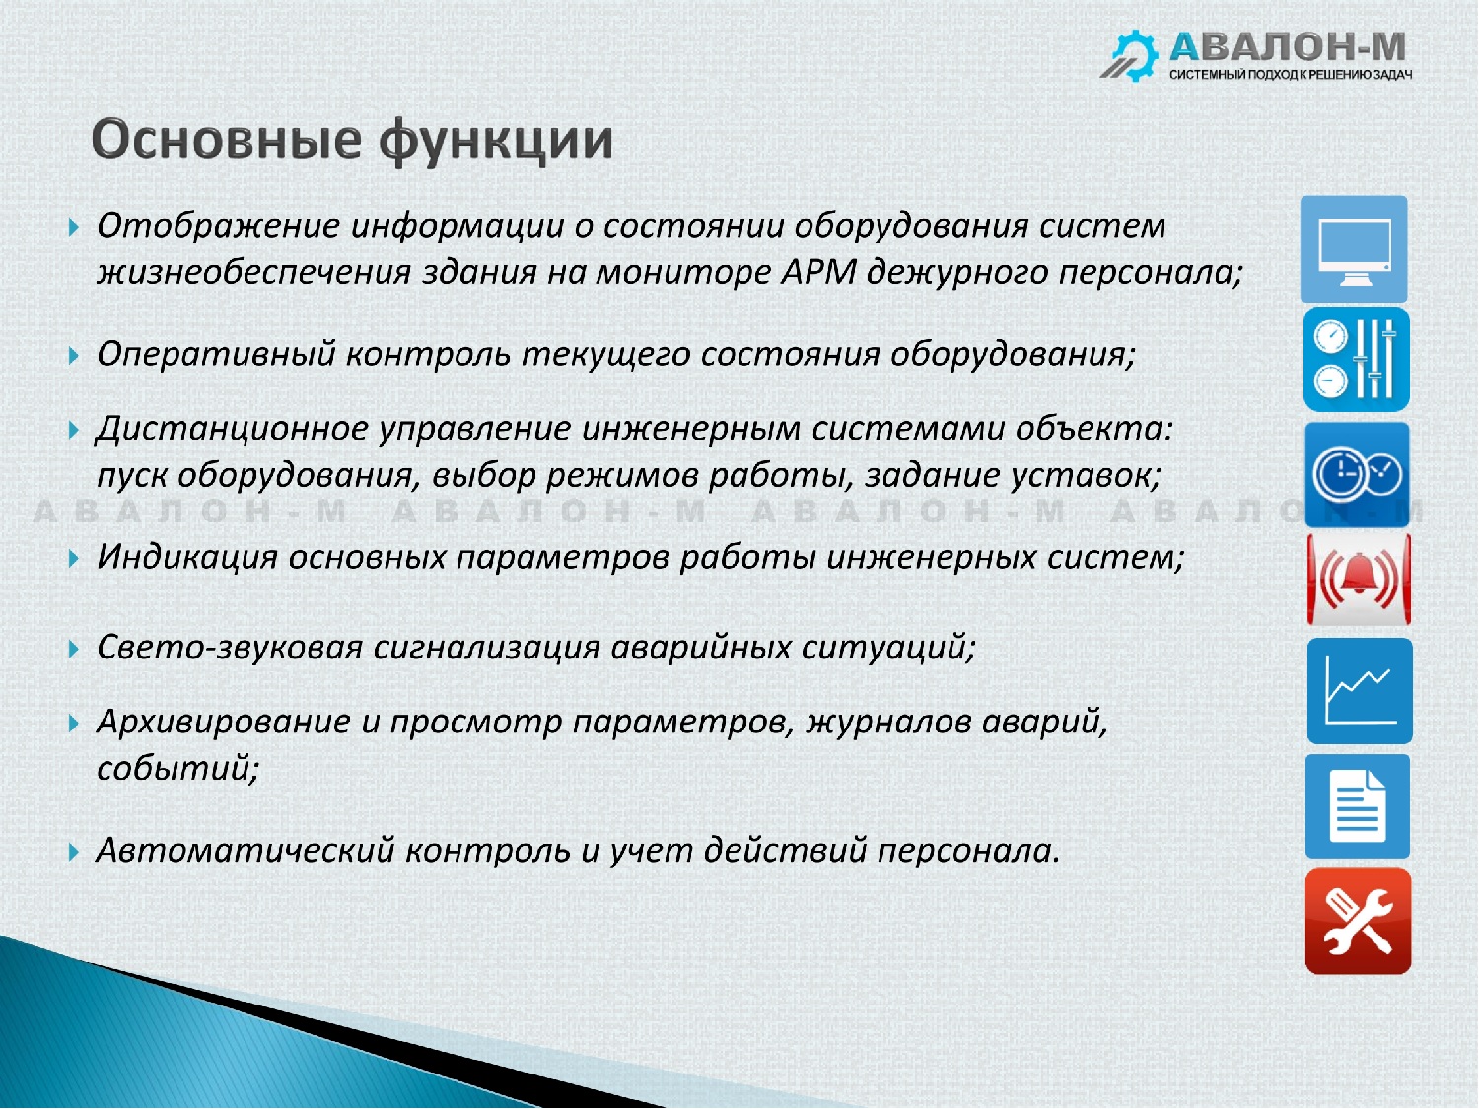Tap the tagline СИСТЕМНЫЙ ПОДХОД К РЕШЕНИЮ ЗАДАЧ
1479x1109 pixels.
click(x=1291, y=75)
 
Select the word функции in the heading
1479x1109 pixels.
click(x=495, y=142)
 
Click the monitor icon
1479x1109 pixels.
click(x=1354, y=249)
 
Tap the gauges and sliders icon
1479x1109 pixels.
click(x=1357, y=359)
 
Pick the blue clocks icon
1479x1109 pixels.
click(x=1357, y=474)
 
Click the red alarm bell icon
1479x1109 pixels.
click(x=1359, y=579)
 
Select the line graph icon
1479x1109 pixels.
click(x=1360, y=691)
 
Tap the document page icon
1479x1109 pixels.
click(x=1357, y=806)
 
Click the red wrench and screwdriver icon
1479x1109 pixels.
click(x=1358, y=921)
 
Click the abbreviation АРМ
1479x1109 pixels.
click(x=818, y=272)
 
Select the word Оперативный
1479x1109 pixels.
click(x=216, y=354)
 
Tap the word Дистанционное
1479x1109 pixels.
click(x=233, y=428)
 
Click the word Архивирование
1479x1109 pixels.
click(x=224, y=722)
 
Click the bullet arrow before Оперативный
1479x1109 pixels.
click(x=74, y=356)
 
